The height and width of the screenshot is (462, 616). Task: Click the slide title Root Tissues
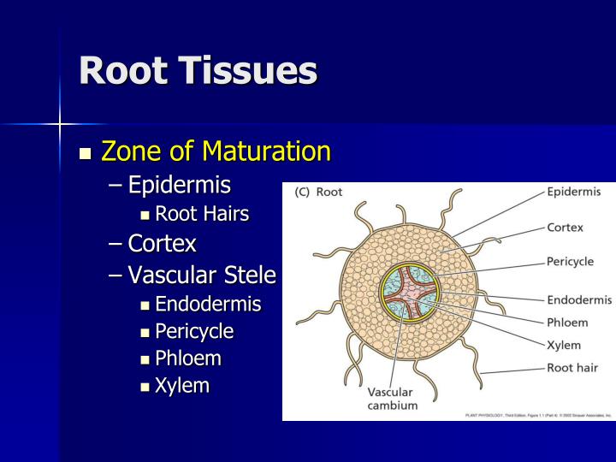point(198,70)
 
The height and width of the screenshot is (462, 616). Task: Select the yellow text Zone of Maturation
point(216,152)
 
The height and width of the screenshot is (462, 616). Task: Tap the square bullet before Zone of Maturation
point(85,154)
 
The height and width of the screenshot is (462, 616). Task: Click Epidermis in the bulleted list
point(180,185)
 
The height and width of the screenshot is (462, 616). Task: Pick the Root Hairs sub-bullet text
point(202,214)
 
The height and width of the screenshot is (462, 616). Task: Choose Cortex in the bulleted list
point(162,244)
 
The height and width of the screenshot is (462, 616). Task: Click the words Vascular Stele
point(202,275)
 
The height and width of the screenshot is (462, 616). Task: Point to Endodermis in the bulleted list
point(208,305)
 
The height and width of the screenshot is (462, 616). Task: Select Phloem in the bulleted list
point(187,358)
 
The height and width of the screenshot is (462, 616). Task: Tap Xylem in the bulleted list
point(182,385)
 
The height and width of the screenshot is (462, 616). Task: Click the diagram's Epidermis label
point(573,192)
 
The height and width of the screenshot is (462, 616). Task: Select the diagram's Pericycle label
point(570,262)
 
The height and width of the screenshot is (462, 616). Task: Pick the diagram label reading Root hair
point(572,368)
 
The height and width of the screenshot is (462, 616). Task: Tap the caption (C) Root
point(318,192)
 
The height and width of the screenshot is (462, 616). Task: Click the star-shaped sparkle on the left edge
point(60,124)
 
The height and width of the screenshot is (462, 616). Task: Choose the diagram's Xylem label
point(564,346)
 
